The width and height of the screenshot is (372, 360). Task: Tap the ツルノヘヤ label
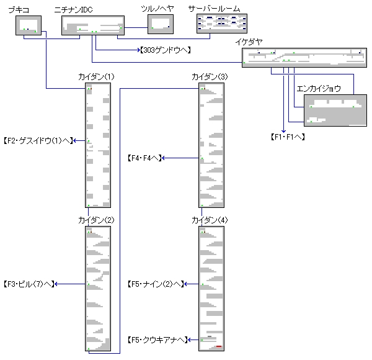tap(157, 8)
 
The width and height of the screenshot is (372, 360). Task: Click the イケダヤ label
tap(249, 42)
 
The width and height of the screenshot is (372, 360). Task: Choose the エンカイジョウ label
tap(319, 88)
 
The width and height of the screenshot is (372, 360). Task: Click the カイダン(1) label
tap(97, 76)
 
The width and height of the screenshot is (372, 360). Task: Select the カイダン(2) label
tap(97, 220)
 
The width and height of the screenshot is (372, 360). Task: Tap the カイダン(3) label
tap(210, 76)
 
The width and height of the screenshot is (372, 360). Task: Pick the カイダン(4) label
tap(210, 220)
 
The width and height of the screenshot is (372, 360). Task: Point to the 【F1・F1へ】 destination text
tap(288, 136)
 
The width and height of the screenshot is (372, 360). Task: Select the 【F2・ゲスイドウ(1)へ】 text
tap(37, 141)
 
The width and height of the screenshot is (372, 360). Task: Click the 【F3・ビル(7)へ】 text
tap(28, 284)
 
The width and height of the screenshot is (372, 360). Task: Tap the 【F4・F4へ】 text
tap(144, 158)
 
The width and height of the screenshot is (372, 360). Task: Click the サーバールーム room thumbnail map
tap(221, 24)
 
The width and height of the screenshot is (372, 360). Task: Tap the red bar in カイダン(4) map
tap(219, 347)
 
